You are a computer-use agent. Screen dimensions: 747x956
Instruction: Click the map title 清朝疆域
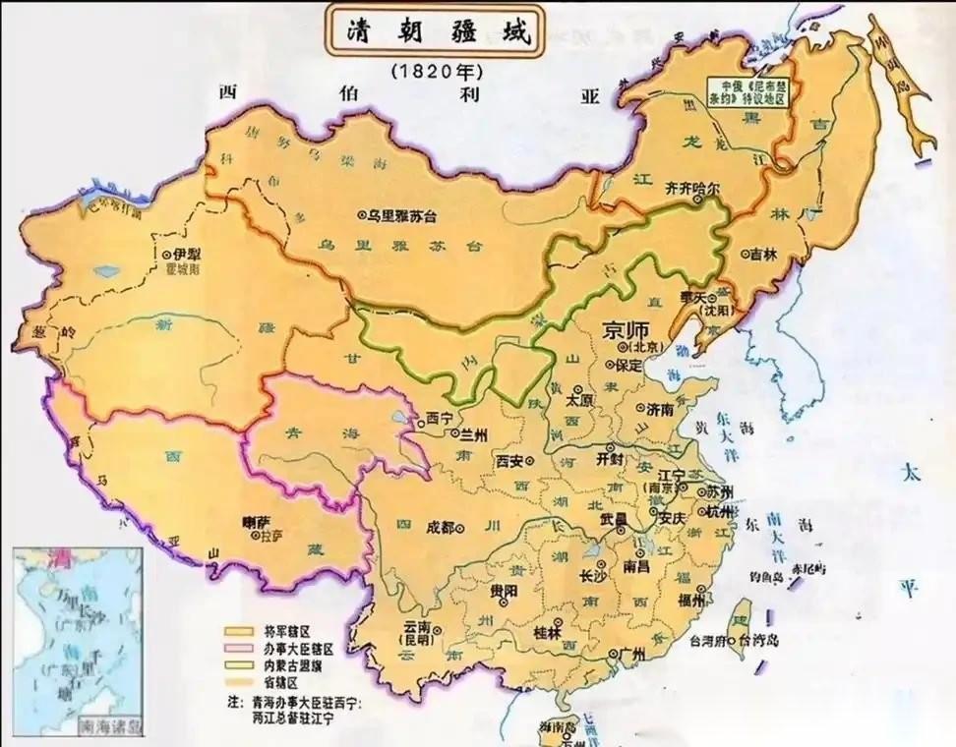pos(432,32)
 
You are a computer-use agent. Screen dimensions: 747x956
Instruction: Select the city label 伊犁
pos(179,254)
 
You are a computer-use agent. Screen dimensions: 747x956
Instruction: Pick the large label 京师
pos(627,330)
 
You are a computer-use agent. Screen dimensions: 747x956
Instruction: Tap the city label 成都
pos(441,528)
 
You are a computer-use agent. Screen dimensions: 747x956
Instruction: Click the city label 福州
pos(690,599)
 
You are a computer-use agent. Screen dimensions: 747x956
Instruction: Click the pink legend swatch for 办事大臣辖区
pos(239,649)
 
